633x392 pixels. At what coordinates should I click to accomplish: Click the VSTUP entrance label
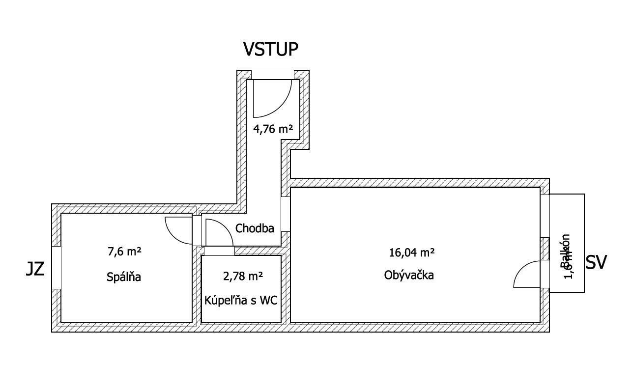(x=271, y=49)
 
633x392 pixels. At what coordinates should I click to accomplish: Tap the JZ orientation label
(x=35, y=269)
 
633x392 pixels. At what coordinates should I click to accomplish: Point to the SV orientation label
(x=596, y=263)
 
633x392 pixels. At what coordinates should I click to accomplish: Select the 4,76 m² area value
(x=273, y=129)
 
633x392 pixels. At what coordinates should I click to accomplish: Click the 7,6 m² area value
(x=124, y=252)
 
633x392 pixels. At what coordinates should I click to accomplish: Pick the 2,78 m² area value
(x=243, y=276)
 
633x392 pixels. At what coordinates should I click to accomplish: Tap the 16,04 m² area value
(x=411, y=253)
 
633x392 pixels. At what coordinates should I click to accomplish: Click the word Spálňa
(x=124, y=277)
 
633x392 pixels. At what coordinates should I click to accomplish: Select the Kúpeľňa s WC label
(x=241, y=300)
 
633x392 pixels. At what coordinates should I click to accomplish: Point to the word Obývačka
(x=409, y=275)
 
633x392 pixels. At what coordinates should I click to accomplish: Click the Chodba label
(x=255, y=228)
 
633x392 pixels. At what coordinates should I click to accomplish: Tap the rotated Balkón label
(x=565, y=251)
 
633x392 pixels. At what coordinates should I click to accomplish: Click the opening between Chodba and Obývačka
(x=286, y=214)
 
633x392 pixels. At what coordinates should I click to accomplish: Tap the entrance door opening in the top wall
(x=273, y=75)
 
